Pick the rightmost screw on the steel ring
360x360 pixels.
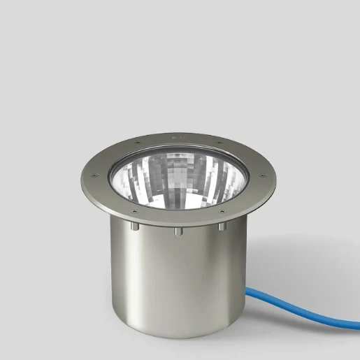tap(260, 175)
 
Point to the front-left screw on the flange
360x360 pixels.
tap(133, 208)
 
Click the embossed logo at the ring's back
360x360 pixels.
tap(176, 137)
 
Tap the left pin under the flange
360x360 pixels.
tap(131, 228)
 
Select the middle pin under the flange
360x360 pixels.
tap(178, 231)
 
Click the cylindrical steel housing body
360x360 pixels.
tap(175, 273)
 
